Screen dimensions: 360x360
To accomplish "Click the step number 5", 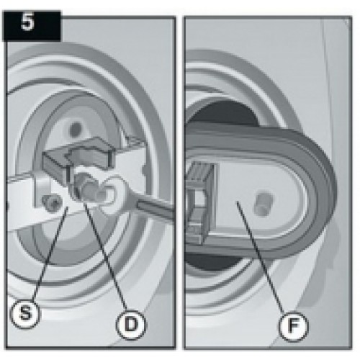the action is (27, 22).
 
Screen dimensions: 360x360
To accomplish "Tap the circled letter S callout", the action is (25, 312).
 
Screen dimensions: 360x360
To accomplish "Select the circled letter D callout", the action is (130, 324).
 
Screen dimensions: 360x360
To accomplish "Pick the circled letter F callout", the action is (293, 325).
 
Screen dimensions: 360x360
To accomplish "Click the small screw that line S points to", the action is (52, 203).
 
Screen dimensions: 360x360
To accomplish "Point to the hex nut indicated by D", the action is (84, 187).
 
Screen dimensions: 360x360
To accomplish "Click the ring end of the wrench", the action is (111, 194).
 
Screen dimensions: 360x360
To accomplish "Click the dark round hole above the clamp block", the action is (76, 129).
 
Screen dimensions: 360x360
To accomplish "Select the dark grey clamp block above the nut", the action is (78, 156).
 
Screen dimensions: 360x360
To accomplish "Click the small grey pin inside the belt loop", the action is (264, 202).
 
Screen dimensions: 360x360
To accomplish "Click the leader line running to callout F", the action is (261, 257).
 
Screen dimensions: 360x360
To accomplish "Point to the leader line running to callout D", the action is (106, 255).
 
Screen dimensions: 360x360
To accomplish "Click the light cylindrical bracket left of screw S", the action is (42, 189).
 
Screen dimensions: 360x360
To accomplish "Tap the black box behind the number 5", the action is (31, 26).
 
